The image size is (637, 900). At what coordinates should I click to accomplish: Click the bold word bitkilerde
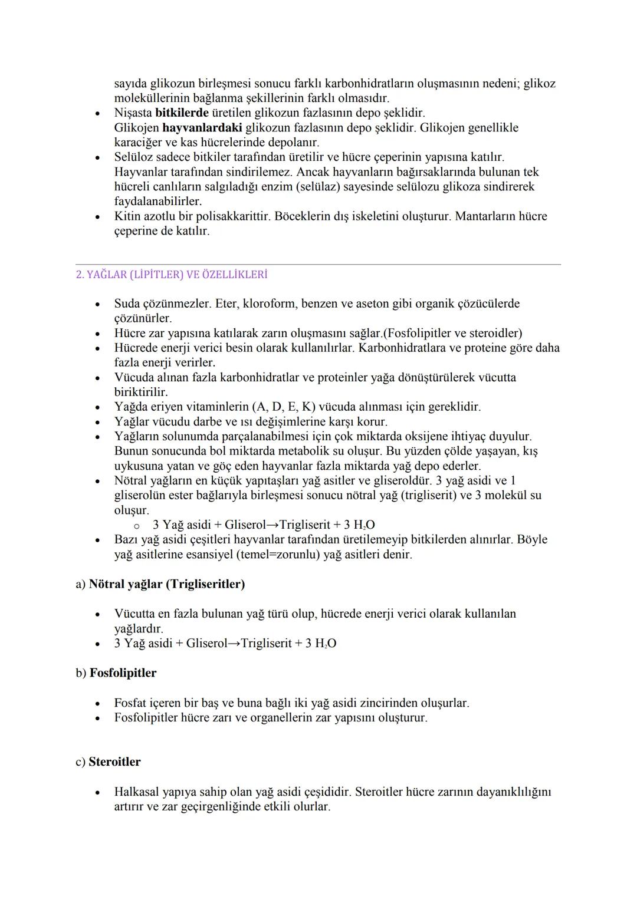(182, 113)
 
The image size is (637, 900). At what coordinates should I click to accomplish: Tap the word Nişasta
(133, 113)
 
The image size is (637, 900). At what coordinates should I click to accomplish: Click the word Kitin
(127, 216)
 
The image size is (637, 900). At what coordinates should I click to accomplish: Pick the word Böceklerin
(303, 216)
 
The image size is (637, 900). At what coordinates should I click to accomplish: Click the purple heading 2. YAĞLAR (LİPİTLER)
(172, 275)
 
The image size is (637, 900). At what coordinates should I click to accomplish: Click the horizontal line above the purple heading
(318, 265)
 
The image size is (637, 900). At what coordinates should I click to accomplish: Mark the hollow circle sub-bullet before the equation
(136, 526)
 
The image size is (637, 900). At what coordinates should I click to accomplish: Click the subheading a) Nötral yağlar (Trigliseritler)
(160, 584)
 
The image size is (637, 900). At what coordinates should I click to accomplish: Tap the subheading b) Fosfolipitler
(116, 673)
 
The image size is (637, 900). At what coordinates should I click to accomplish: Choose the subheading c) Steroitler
(109, 761)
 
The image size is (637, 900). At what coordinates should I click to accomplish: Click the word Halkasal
(137, 792)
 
